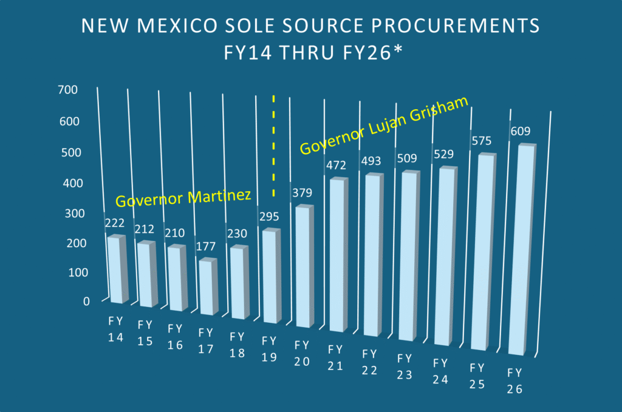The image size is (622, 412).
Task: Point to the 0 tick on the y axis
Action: coord(86,301)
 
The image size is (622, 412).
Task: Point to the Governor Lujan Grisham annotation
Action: coord(385,124)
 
